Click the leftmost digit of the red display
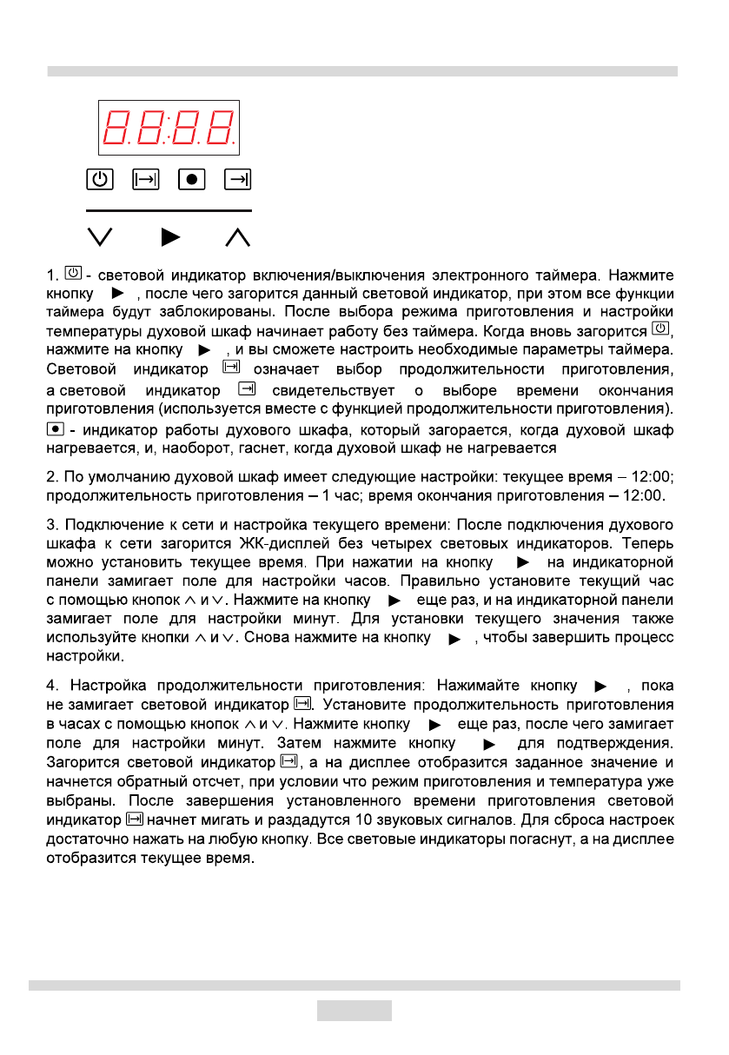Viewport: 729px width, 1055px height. [x=116, y=128]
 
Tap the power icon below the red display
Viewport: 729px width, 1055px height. [x=100, y=179]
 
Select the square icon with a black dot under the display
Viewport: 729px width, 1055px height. [x=191, y=179]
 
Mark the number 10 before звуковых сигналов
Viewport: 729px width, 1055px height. [x=365, y=819]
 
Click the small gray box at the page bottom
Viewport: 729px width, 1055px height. [x=354, y=1010]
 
